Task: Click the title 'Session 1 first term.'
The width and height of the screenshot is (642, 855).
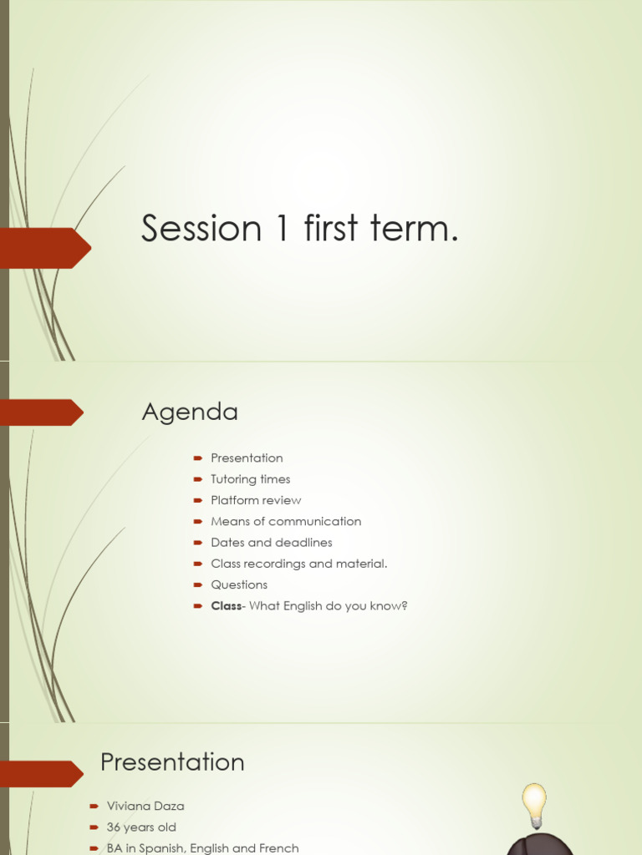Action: coord(299,229)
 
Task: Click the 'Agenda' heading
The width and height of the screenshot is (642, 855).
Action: coord(190,412)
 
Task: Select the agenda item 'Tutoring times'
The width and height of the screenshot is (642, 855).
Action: coord(250,479)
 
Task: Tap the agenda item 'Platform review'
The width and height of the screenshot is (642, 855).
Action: coord(256,500)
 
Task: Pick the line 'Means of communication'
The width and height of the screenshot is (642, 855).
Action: coord(286,521)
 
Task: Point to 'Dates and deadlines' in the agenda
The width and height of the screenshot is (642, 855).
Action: coord(272,542)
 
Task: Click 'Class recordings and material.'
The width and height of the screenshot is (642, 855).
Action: coord(299,564)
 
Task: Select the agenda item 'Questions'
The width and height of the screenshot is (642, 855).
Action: coord(239,584)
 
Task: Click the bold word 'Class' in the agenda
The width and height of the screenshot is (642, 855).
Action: coord(226,605)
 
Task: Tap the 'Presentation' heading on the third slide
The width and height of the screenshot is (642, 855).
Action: coord(172,761)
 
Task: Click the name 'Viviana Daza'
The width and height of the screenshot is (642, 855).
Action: coord(145,806)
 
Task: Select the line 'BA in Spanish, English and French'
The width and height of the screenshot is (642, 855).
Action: coord(202,847)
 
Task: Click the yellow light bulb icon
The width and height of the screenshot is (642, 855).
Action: coord(534,804)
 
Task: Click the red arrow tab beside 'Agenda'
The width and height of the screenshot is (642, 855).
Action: coord(42,412)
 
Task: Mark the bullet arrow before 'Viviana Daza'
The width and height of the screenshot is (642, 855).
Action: coord(94,806)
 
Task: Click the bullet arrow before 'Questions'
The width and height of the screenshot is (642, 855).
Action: coord(198,584)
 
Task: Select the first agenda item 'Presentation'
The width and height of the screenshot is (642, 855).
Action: coord(247,458)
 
